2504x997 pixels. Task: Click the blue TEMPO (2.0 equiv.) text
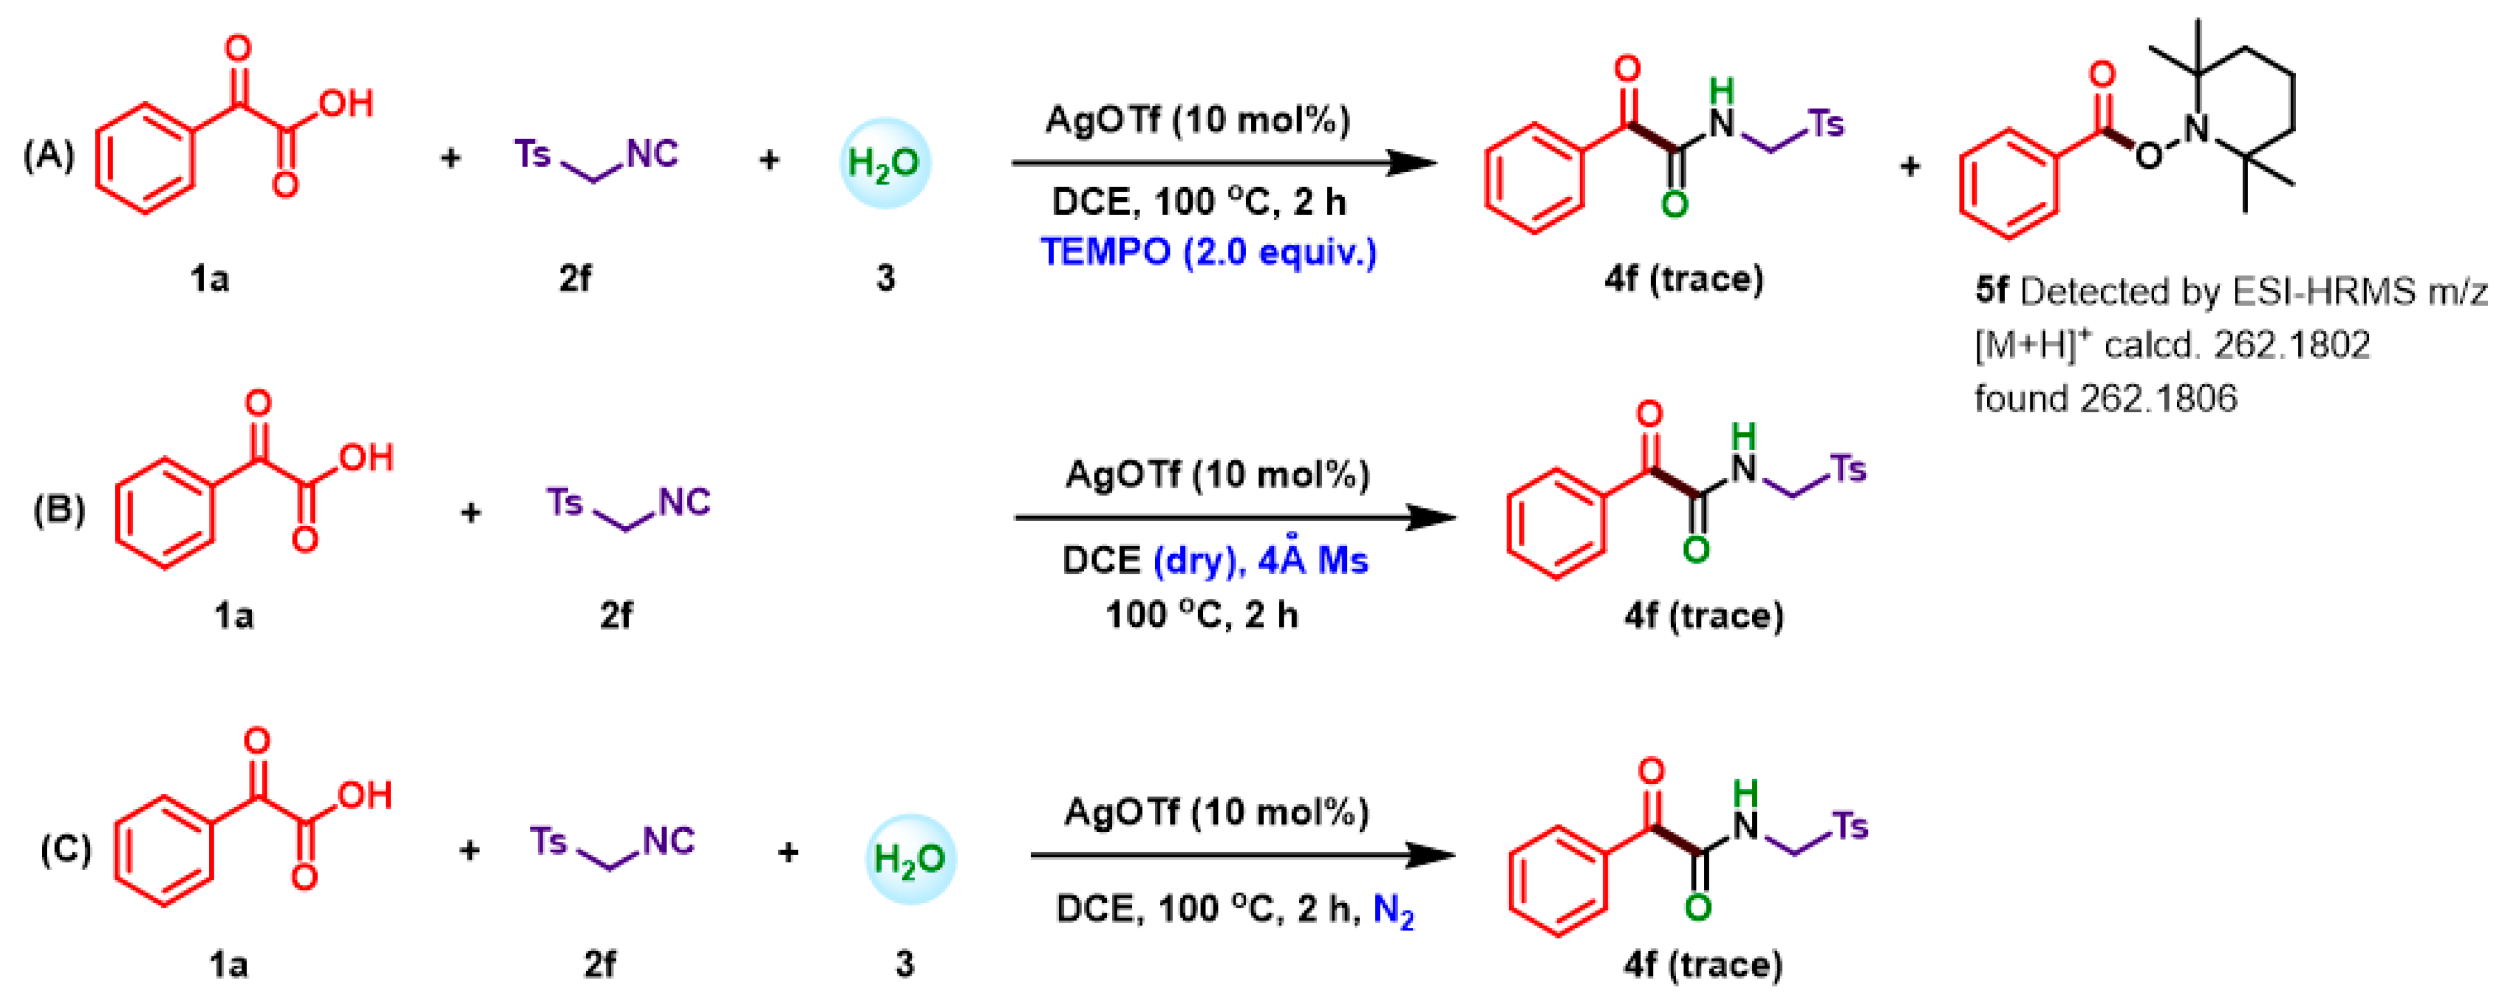click(1208, 252)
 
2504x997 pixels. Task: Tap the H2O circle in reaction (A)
click(885, 163)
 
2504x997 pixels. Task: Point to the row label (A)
click(49, 155)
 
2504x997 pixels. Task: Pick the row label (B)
click(59, 510)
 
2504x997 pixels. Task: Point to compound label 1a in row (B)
click(233, 615)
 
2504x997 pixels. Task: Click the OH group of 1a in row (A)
click(347, 103)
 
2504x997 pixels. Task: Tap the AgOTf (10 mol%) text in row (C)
click(1216, 812)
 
